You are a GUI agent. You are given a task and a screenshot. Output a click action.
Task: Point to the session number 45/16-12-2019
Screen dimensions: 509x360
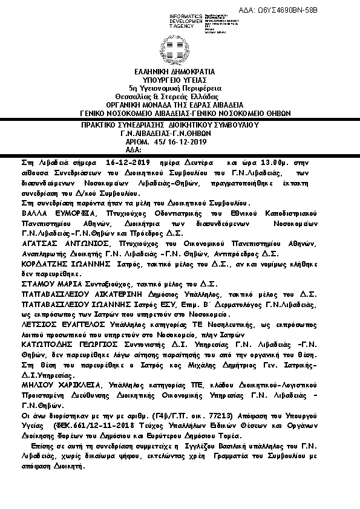pos(181,142)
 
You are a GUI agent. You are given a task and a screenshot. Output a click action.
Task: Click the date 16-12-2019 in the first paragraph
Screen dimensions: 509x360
pos(127,163)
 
